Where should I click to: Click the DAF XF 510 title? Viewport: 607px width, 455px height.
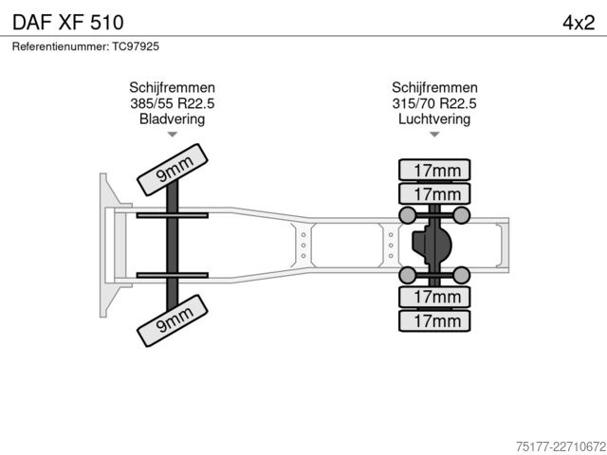[68, 23]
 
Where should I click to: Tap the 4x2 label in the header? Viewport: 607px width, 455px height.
[579, 23]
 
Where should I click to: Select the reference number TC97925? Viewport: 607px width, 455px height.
[136, 46]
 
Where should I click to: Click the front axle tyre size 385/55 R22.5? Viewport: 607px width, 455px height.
[173, 103]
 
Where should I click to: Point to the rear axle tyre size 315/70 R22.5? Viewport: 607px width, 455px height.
[434, 103]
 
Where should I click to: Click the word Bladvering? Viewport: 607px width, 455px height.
[173, 118]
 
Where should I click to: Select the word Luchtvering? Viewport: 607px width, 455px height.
[434, 118]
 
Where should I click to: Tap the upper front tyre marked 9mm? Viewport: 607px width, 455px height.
[173, 170]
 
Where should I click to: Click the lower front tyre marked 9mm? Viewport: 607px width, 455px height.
[173, 320]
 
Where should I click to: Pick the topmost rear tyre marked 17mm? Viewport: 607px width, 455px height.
[434, 170]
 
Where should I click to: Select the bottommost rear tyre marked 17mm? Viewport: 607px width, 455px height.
[434, 320]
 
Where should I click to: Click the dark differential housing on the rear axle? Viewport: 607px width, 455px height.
[432, 246]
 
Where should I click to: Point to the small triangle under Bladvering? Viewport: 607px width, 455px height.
[173, 135]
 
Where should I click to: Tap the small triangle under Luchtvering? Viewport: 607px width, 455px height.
[434, 135]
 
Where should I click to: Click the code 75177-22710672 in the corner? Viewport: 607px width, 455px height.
[561, 446]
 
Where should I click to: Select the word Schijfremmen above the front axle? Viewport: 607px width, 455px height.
[173, 87]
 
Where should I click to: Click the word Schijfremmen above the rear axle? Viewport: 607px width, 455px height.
[434, 87]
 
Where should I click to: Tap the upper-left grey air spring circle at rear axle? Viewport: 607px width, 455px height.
[407, 215]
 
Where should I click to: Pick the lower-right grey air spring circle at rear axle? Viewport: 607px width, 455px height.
[461, 275]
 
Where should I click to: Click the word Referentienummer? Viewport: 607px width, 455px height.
[61, 46]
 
